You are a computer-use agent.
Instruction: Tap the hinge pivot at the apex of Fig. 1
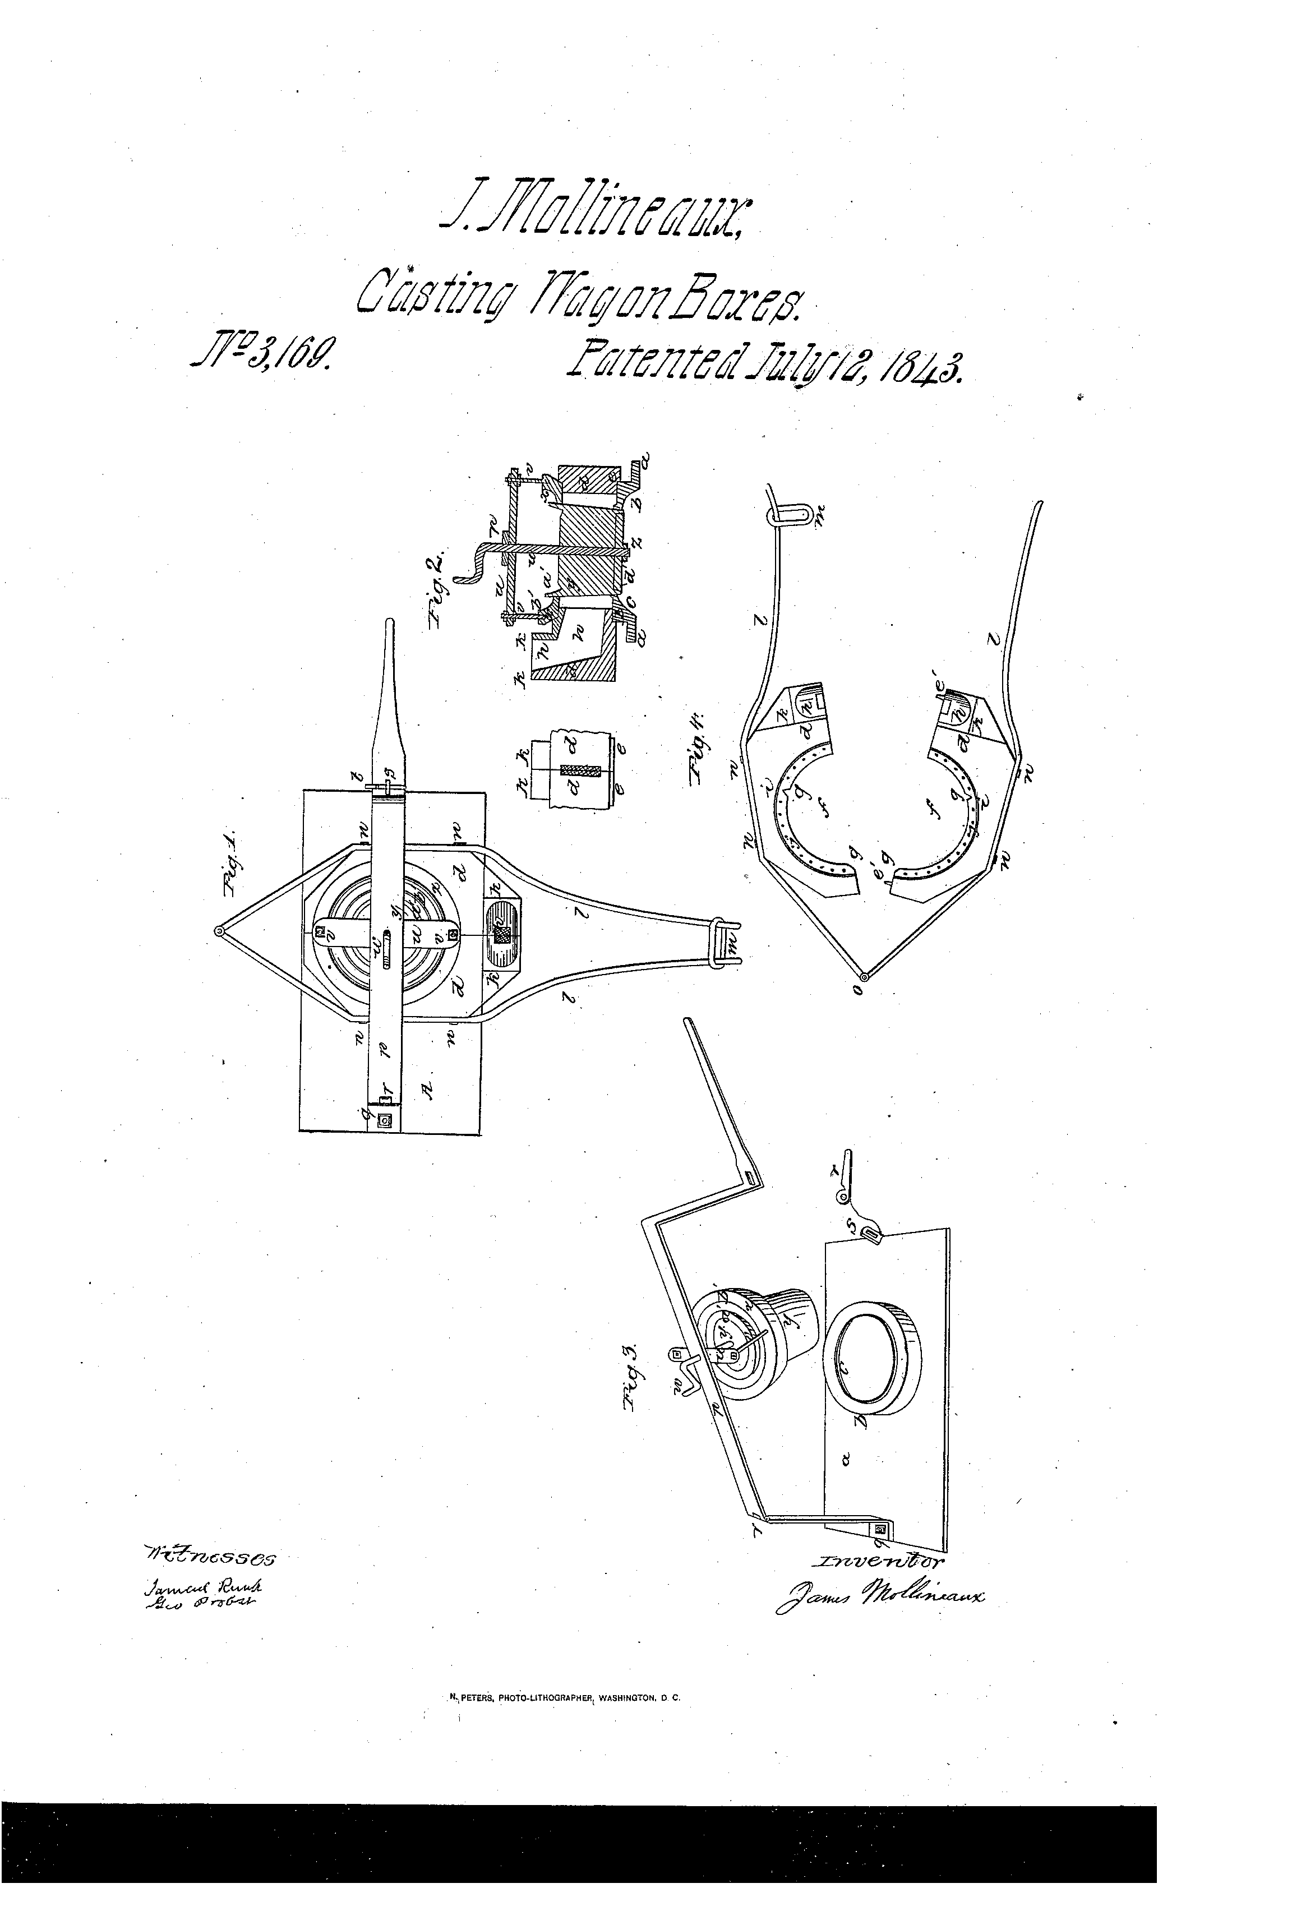pos(219,931)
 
